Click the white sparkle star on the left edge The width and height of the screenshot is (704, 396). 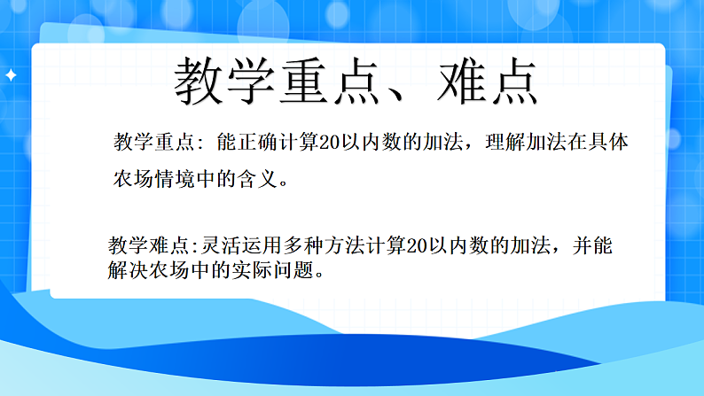[x=11, y=77]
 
